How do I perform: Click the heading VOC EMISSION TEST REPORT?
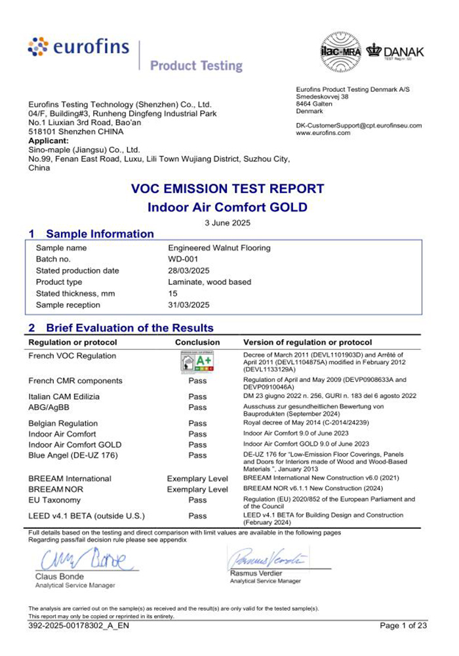pyautogui.click(x=228, y=189)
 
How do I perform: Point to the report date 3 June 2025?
pyautogui.click(x=228, y=223)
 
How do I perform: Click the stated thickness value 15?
pyautogui.click(x=173, y=294)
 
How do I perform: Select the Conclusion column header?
pyautogui.click(x=197, y=342)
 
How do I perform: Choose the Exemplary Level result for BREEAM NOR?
pyautogui.click(x=197, y=489)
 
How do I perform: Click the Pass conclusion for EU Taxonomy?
pyautogui.click(x=197, y=499)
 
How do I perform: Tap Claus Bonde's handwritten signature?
pyautogui.click(x=87, y=560)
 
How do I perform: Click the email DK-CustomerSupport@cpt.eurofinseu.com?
pyautogui.click(x=359, y=125)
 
